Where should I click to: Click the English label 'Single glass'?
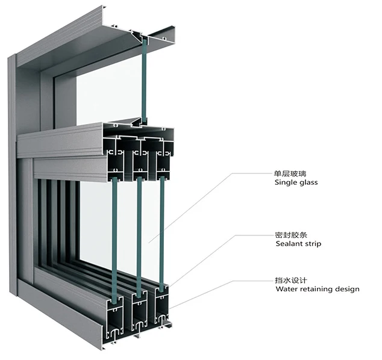tap(296, 182)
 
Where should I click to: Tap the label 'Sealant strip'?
tap(298, 244)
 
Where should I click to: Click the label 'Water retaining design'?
tap(317, 289)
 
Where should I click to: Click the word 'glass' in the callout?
tap(307, 182)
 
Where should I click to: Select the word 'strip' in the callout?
tap(313, 244)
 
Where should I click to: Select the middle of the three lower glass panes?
tap(138, 235)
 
